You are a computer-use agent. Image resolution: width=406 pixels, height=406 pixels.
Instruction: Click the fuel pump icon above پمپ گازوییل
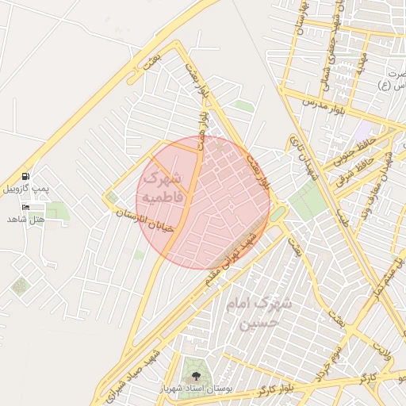click(x=26, y=176)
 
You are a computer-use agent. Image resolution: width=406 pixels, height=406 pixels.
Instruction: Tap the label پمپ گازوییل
click(x=26, y=189)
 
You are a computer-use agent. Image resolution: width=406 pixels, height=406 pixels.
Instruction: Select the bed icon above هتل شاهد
click(x=26, y=207)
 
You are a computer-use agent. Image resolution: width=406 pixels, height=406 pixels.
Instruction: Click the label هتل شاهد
click(x=27, y=219)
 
